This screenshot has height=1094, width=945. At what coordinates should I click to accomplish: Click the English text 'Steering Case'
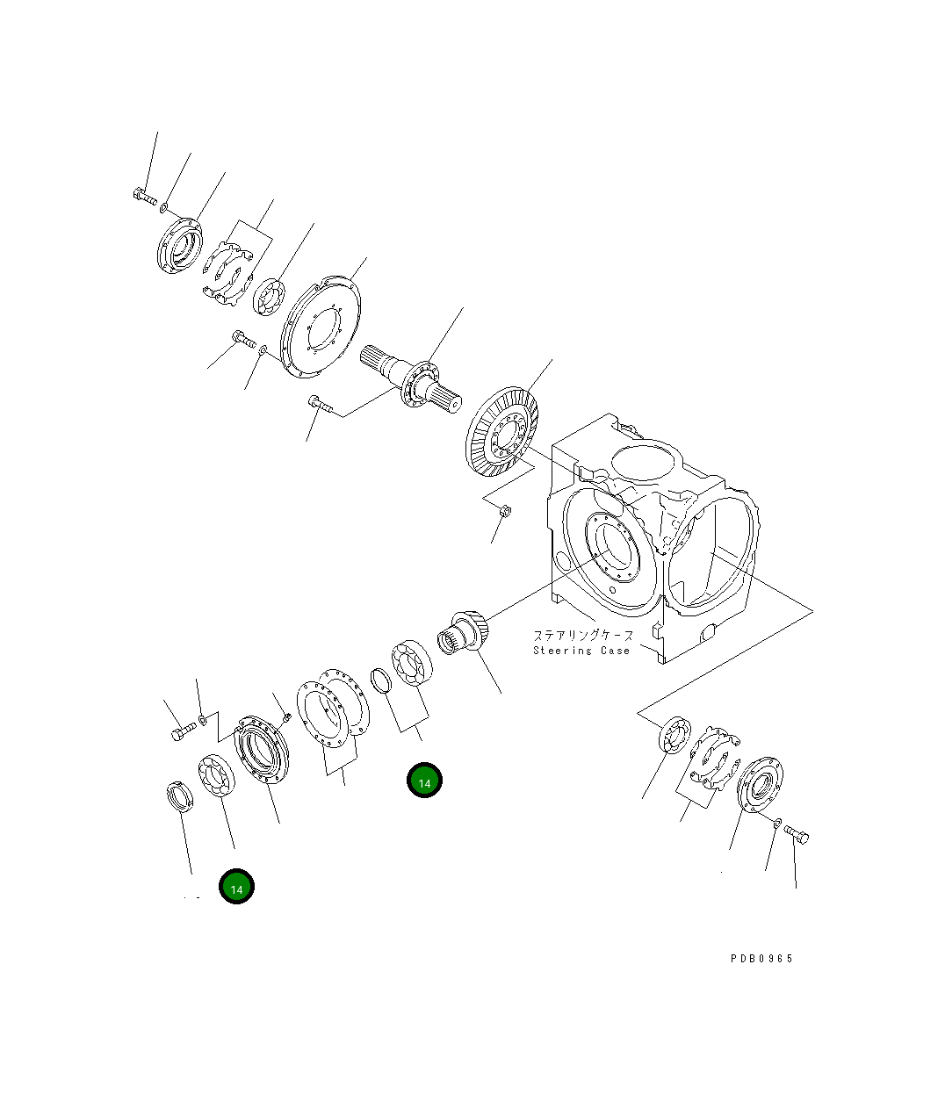[581, 651]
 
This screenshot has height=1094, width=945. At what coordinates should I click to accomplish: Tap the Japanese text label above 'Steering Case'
[582, 635]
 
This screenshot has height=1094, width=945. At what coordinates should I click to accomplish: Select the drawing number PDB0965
[761, 959]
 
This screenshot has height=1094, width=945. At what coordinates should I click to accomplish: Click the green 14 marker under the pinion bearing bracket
[424, 781]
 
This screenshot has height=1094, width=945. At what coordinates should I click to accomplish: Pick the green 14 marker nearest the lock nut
[236, 888]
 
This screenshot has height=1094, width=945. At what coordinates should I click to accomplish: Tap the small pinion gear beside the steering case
[461, 633]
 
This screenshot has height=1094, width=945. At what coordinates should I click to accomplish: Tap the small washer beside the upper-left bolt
[164, 208]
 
